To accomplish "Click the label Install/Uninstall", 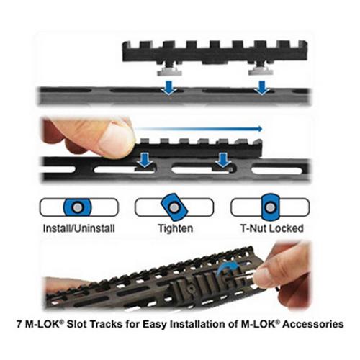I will [79, 229].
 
